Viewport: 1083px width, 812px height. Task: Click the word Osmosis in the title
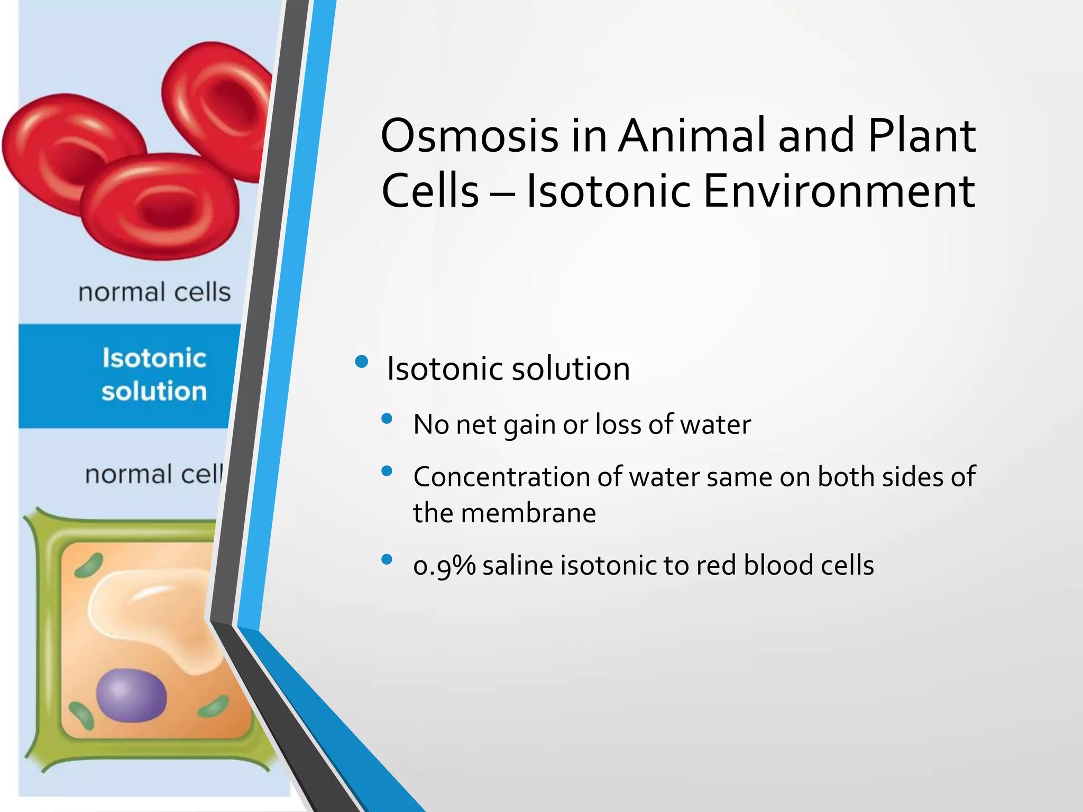click(469, 136)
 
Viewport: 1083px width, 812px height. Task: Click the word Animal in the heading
click(693, 136)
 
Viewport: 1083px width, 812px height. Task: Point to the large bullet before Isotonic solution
click(362, 362)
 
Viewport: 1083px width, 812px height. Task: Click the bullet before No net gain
click(387, 419)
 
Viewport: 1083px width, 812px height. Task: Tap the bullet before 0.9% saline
click(387, 559)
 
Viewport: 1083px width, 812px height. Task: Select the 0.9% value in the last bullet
click(444, 566)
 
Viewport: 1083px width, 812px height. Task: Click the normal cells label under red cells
click(154, 292)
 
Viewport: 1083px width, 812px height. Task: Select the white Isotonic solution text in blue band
click(154, 375)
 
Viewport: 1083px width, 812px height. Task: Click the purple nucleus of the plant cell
click(131, 696)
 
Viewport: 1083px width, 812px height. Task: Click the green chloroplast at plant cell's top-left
click(88, 565)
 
